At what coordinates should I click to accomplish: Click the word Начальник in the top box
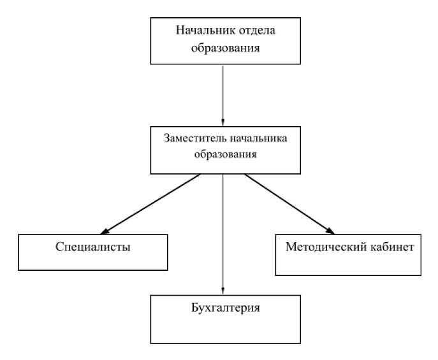click(201, 30)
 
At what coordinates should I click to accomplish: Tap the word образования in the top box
click(226, 48)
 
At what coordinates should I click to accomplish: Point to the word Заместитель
click(194, 138)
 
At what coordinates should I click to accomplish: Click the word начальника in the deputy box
click(258, 138)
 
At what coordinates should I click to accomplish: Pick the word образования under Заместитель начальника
click(226, 154)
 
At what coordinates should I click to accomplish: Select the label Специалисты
click(93, 247)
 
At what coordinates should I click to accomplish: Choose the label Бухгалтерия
click(226, 308)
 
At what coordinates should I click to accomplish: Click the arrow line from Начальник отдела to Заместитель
click(223, 96)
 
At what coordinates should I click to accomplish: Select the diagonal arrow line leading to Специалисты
click(150, 204)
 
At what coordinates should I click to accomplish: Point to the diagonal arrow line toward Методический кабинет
click(289, 204)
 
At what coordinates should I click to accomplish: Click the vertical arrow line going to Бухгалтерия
click(223, 234)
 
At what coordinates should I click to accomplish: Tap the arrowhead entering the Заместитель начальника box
click(223, 123)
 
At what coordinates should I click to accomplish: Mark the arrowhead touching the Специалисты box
click(104, 231)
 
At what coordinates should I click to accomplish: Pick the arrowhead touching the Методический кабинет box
click(331, 231)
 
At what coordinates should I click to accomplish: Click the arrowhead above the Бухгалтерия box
click(223, 291)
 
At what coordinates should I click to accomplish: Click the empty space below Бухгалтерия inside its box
click(226, 329)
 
